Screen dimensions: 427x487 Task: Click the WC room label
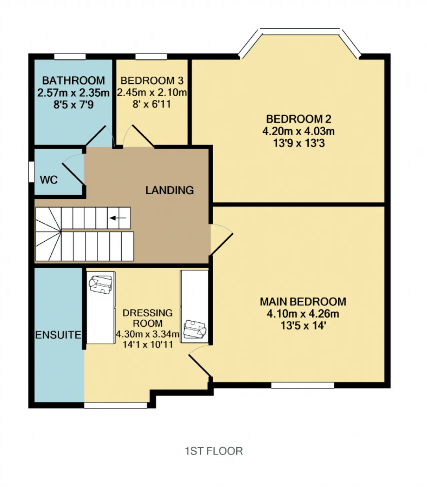click(49, 180)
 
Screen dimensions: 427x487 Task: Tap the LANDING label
click(169, 190)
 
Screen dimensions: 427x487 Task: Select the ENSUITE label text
click(58, 335)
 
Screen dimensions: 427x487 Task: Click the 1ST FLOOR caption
click(214, 451)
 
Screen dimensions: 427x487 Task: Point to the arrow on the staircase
click(118, 218)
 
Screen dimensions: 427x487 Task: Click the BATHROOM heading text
click(73, 81)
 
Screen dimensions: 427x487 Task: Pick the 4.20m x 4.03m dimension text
click(299, 131)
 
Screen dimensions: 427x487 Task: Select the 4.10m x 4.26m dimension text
click(303, 314)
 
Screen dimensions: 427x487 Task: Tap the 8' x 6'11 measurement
click(151, 104)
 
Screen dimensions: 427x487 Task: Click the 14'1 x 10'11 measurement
click(148, 345)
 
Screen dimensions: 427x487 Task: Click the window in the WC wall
click(31, 172)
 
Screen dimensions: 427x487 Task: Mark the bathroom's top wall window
click(70, 57)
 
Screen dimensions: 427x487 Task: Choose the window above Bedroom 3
click(151, 57)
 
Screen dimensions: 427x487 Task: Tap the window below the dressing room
click(115, 405)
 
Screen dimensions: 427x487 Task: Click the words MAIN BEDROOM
click(303, 302)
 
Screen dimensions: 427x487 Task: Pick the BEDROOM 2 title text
click(299, 119)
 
